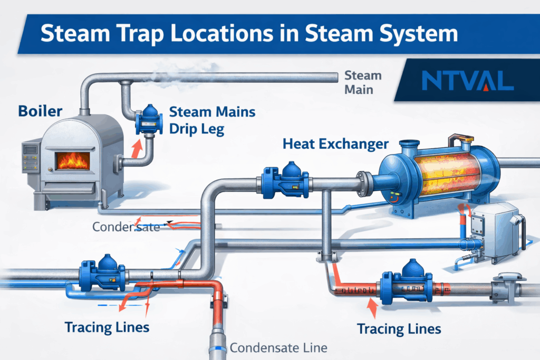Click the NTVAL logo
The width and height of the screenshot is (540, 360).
(467, 81)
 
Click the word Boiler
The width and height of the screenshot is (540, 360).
(41, 111)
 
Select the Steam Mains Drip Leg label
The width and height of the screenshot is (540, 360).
(212, 120)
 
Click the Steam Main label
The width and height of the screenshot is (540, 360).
(363, 83)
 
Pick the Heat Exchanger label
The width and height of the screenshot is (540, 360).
(335, 143)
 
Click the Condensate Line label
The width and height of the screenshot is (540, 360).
(279, 347)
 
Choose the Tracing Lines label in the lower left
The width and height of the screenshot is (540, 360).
(107, 327)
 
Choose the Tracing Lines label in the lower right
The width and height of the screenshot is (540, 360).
(399, 329)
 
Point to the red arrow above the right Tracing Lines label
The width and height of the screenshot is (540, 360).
(373, 307)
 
